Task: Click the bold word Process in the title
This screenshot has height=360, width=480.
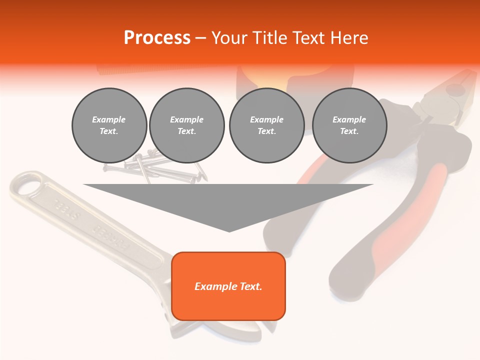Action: [157, 38]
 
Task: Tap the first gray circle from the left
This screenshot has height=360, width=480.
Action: [109, 125]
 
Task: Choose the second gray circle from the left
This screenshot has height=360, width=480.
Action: [186, 125]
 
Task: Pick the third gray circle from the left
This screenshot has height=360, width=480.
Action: [266, 125]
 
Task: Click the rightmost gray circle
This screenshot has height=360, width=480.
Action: [349, 125]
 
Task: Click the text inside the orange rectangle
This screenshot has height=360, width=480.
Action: [228, 286]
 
